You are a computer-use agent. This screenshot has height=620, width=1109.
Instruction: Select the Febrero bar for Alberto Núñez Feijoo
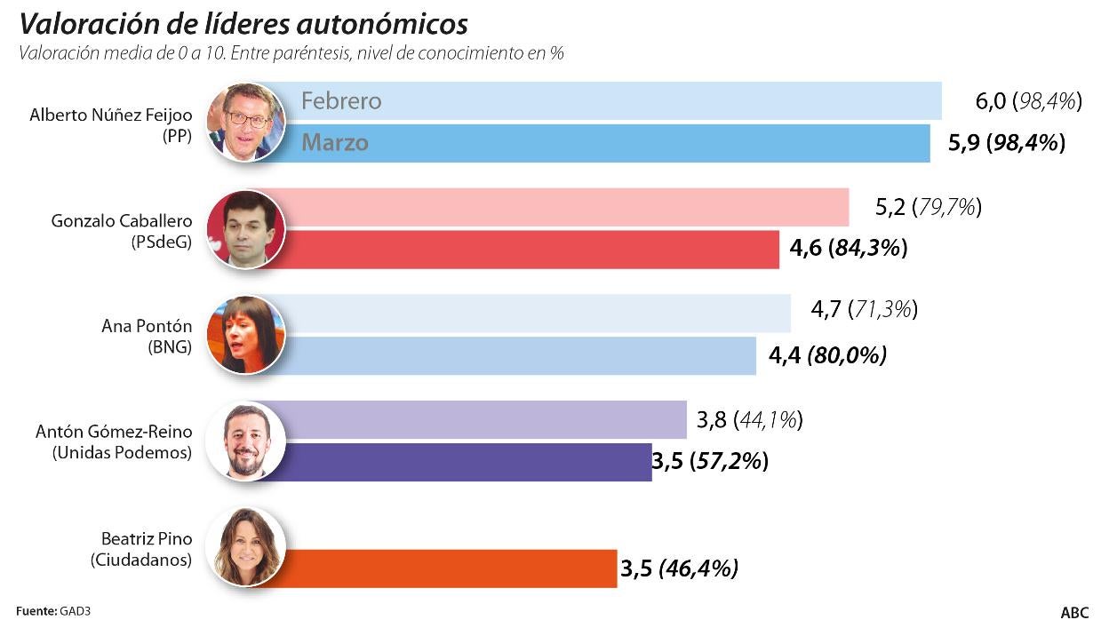coord(604,100)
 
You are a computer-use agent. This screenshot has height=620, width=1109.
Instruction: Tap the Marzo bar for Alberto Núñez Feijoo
coord(604,143)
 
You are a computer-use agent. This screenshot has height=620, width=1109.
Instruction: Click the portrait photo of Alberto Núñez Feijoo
coord(245,123)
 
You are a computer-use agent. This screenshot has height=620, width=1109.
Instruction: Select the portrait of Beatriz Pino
coord(245,547)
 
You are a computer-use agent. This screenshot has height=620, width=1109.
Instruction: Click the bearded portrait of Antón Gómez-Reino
coord(245,441)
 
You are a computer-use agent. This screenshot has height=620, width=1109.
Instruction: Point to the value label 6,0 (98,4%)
coord(1028,101)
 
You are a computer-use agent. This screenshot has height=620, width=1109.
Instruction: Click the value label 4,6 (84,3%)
coord(848,249)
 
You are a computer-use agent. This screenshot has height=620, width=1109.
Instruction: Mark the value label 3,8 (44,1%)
coord(749,420)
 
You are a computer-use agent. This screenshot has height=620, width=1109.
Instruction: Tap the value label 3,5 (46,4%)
coord(678,568)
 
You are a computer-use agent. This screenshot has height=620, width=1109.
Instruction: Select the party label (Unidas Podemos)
coord(122,453)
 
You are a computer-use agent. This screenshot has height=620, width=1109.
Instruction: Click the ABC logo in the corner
coord(1074,611)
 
